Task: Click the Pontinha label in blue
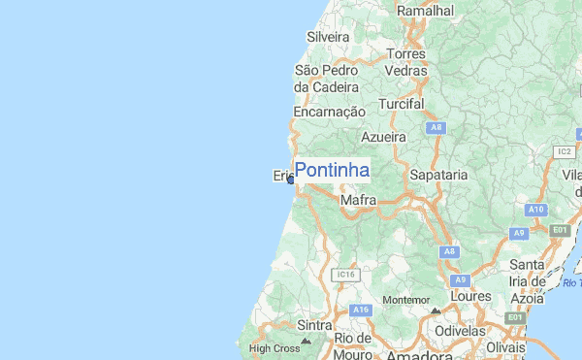point(332,171)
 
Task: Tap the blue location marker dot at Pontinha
point(290,180)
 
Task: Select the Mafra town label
point(358,201)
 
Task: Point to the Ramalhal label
point(425,10)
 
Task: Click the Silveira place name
point(327,37)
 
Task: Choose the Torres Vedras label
point(406,62)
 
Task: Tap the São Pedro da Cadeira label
point(326,79)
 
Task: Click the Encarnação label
point(329,113)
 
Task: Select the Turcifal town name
point(403,103)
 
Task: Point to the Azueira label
point(383,137)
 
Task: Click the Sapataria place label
point(439,175)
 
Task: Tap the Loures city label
point(471,295)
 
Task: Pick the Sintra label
point(315,325)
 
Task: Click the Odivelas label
point(460,331)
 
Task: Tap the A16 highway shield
point(362,310)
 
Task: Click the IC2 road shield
point(565,151)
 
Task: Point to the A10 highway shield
point(536,209)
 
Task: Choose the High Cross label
point(275,347)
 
